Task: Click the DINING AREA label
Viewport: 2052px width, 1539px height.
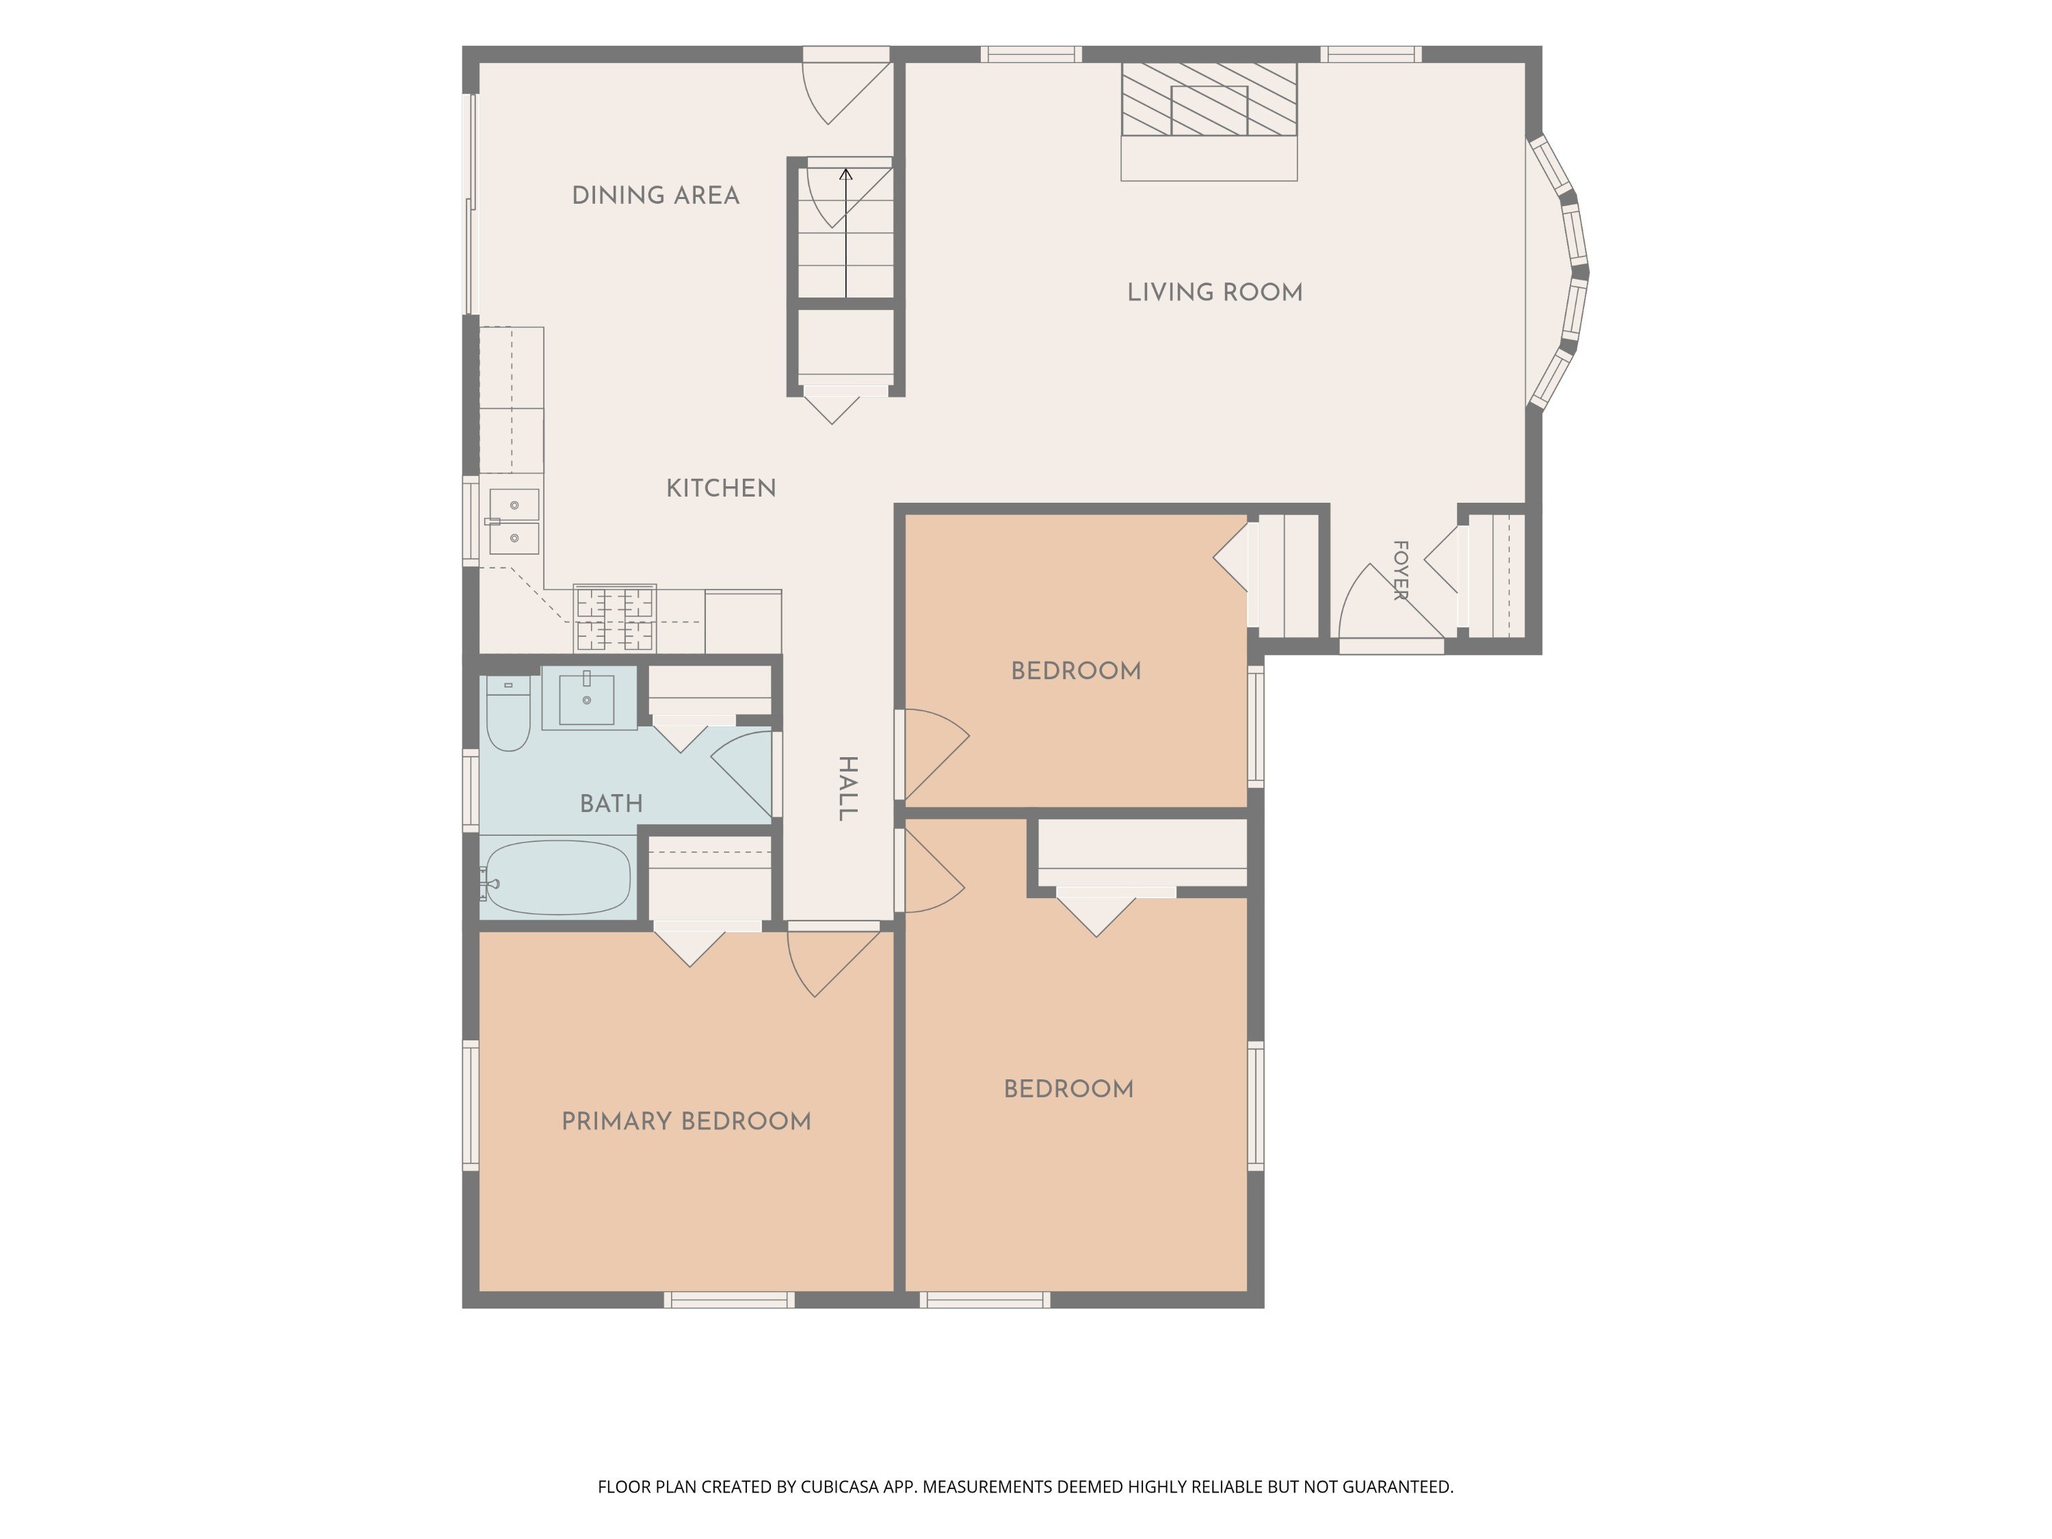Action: click(x=655, y=196)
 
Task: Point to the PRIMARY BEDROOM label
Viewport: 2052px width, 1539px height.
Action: click(x=687, y=1122)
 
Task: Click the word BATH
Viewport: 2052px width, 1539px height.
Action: click(x=611, y=804)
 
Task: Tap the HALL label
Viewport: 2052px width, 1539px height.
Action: click(x=847, y=789)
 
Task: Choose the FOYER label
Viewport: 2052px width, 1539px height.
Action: click(x=1401, y=570)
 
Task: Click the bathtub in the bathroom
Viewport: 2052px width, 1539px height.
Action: click(x=557, y=878)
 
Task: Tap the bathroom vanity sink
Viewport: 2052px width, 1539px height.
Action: click(x=586, y=698)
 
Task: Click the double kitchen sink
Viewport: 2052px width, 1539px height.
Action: click(x=514, y=521)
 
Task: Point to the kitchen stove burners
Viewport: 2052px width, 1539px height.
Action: click(x=615, y=618)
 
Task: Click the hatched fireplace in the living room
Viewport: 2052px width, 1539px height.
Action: click(x=1209, y=99)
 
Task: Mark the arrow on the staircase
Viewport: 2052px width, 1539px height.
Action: click(x=846, y=233)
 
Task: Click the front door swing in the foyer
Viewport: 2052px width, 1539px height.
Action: click(x=1391, y=603)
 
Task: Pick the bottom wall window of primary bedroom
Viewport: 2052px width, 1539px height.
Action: click(x=729, y=1300)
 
